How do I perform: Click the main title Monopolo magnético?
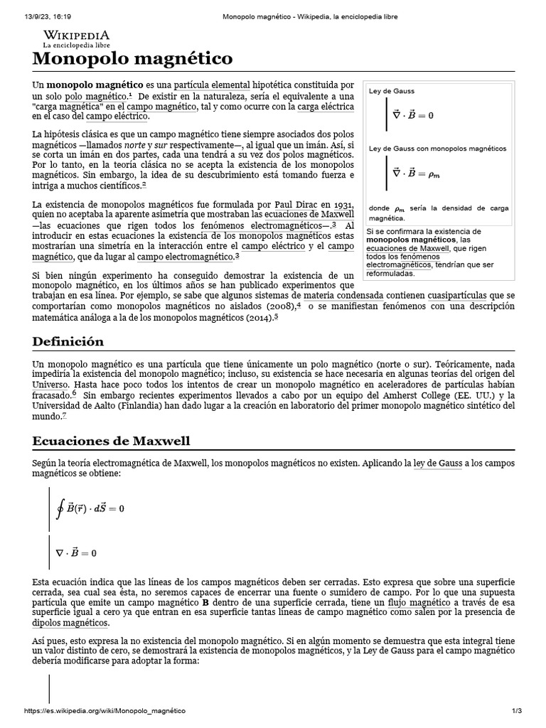(x=132, y=58)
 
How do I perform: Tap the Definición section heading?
(x=68, y=341)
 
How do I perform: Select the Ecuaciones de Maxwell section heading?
(x=112, y=441)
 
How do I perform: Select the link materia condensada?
(x=343, y=294)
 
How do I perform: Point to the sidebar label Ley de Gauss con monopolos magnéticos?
(x=437, y=149)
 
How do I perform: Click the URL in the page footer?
(x=105, y=711)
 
